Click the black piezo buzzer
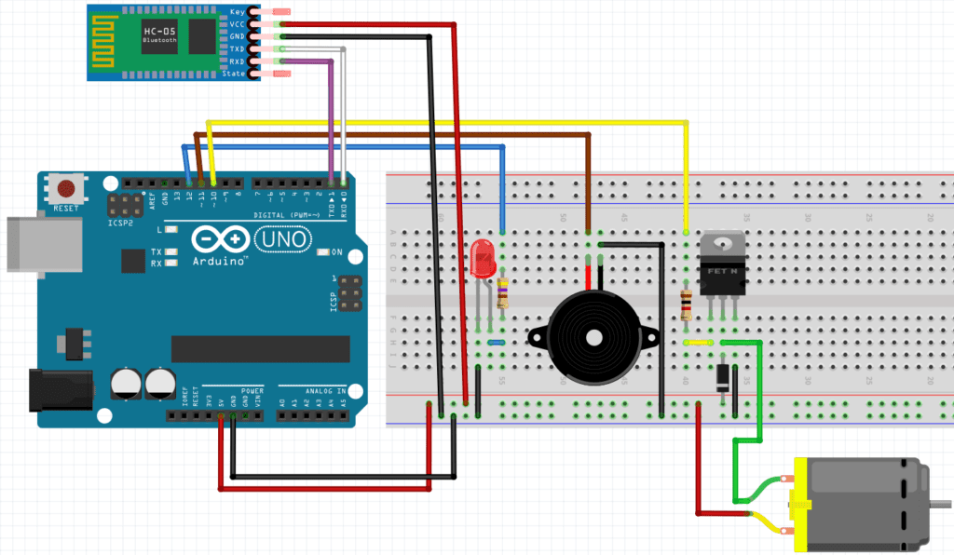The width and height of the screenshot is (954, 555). click(593, 333)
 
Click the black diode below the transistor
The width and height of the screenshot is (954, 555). click(723, 376)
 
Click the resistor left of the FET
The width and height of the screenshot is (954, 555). click(687, 304)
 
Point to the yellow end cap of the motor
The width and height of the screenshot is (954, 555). click(798, 504)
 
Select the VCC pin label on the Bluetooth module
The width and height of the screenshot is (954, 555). click(237, 23)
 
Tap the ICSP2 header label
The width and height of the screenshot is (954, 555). click(118, 223)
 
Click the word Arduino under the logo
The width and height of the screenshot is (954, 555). click(220, 262)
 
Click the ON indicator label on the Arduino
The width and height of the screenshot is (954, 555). click(337, 252)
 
